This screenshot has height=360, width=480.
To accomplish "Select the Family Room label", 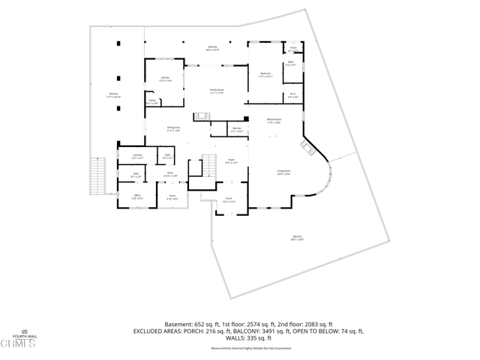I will pyautogui.click(x=217, y=90).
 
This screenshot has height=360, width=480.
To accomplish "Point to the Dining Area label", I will pyautogui.click(x=173, y=129).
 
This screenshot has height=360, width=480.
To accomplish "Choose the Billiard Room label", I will pyautogui.click(x=274, y=120).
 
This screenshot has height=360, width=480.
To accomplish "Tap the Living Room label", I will pyautogui.click(x=284, y=172).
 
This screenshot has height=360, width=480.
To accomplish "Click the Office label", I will pyautogui.click(x=137, y=197).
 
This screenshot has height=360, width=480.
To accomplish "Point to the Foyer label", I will pyautogui.click(x=232, y=161).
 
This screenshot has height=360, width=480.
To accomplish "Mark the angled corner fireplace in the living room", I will pyautogui.click(x=308, y=146).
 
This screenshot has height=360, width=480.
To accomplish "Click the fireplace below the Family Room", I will pyautogui.click(x=200, y=116).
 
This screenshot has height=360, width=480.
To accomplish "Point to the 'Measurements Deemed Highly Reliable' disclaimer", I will pyautogui.click(x=240, y=349).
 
